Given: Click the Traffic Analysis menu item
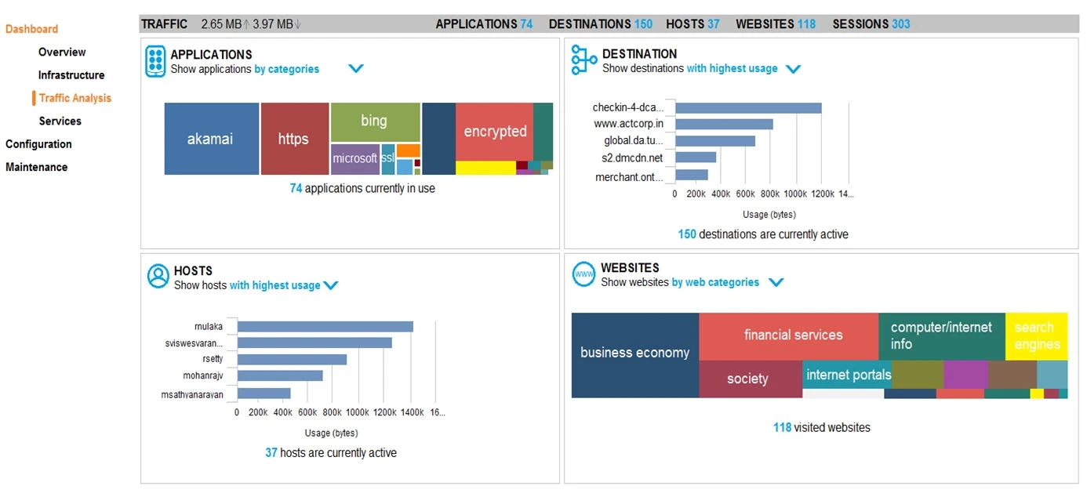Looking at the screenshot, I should (x=75, y=98).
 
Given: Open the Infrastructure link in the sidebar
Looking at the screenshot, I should (x=71, y=75).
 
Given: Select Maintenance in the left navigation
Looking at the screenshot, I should (x=36, y=167).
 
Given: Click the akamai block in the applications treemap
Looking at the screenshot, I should (x=211, y=139).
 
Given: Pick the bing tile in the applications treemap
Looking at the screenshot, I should (x=374, y=121).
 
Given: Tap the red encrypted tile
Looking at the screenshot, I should (x=494, y=131).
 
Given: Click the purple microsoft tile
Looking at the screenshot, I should (x=354, y=158).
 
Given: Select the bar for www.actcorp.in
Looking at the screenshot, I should (x=724, y=124).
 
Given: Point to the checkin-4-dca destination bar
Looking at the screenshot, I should (x=748, y=108).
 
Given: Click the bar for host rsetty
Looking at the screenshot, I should (x=292, y=359).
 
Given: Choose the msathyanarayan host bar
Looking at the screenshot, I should (x=264, y=393).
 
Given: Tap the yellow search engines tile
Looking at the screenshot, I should (x=1036, y=335).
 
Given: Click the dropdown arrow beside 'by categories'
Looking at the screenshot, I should (x=356, y=69).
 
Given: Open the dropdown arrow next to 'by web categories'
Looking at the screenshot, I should (x=776, y=282).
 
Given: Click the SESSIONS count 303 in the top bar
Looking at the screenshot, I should (x=900, y=24).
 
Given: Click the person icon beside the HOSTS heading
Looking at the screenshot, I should (x=158, y=276).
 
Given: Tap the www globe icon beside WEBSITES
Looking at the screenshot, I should (x=583, y=274).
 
